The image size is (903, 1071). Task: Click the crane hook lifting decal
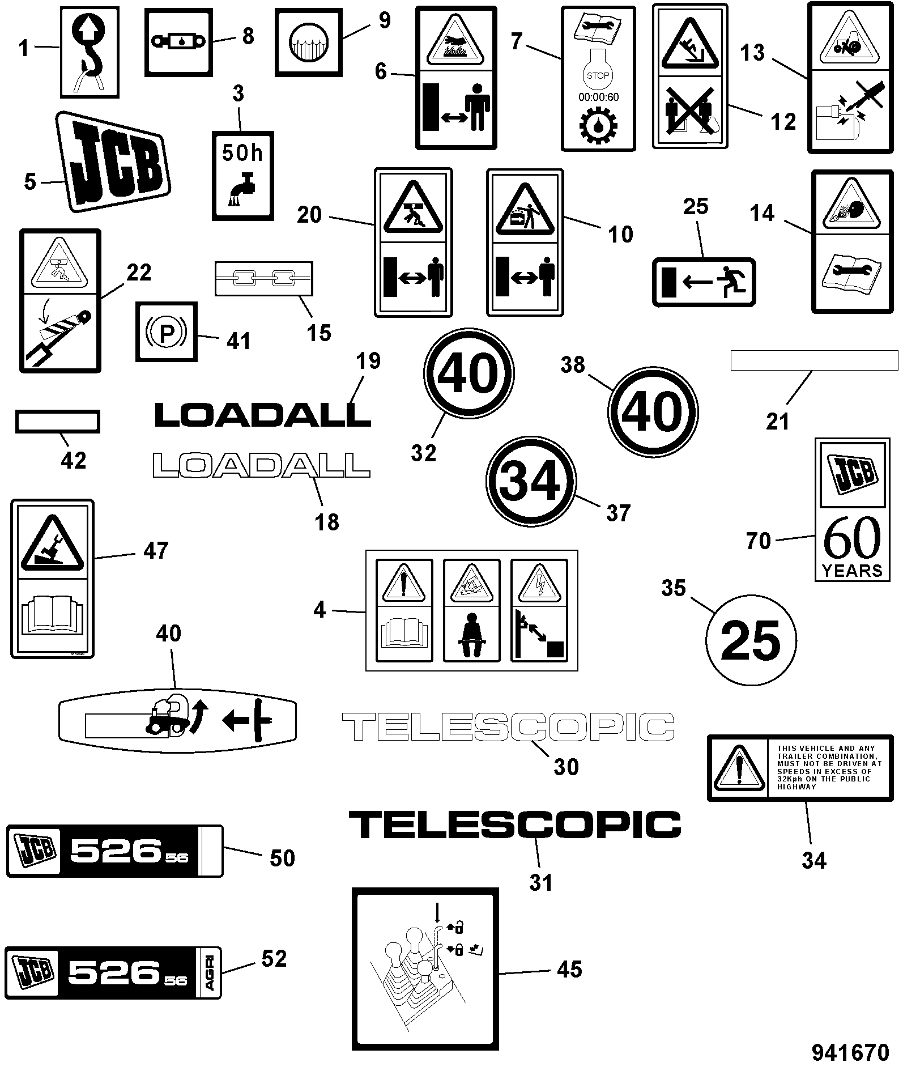pyautogui.click(x=90, y=52)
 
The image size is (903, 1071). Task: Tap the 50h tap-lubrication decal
pyautogui.click(x=242, y=176)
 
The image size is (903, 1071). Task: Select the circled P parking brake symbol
pyautogui.click(x=167, y=331)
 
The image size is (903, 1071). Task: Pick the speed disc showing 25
pyautogui.click(x=751, y=640)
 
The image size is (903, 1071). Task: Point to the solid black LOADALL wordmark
pyautogui.click(x=262, y=414)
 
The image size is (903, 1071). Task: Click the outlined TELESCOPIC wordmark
pyautogui.click(x=508, y=727)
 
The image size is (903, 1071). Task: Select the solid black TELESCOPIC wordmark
pyautogui.click(x=514, y=824)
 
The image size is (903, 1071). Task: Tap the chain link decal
pyautogui.click(x=264, y=278)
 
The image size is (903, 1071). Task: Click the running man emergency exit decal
pyautogui.click(x=704, y=282)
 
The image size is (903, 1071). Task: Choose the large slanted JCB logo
pyautogui.click(x=114, y=162)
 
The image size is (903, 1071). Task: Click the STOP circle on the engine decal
pyautogui.click(x=598, y=75)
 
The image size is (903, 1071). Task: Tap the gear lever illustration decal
pyautogui.click(x=425, y=969)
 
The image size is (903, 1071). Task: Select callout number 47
pyautogui.click(x=156, y=551)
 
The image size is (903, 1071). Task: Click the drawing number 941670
pyautogui.click(x=850, y=1053)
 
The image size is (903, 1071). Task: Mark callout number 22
pyautogui.click(x=138, y=273)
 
